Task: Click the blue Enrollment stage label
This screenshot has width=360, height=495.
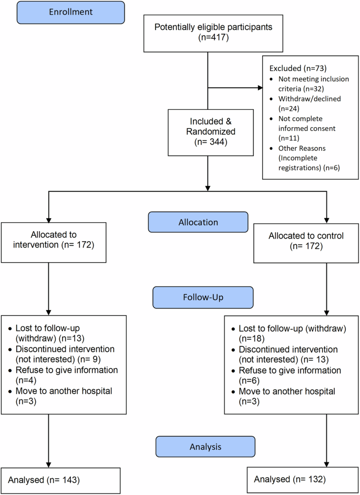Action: [70, 13]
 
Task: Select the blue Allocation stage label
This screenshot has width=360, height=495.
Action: [198, 222]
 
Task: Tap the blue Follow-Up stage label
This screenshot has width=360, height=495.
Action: [202, 297]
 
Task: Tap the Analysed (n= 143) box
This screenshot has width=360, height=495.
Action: [48, 480]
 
